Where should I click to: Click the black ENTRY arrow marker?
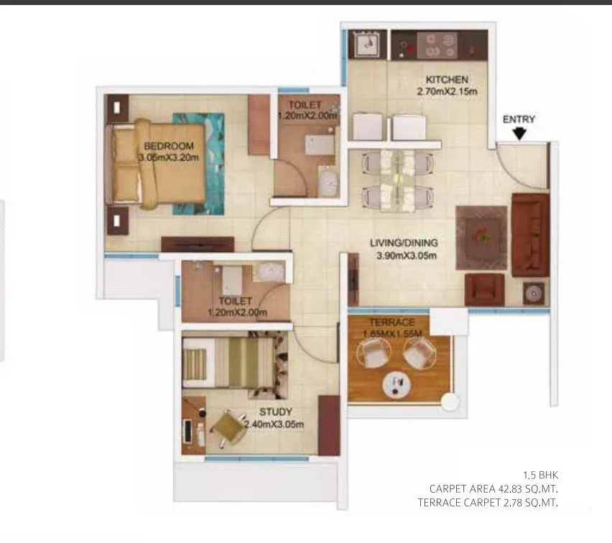519,133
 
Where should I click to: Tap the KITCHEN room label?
447,80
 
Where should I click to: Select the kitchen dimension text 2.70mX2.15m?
447,92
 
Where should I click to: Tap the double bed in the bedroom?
158,165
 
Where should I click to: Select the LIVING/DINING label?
404,243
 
